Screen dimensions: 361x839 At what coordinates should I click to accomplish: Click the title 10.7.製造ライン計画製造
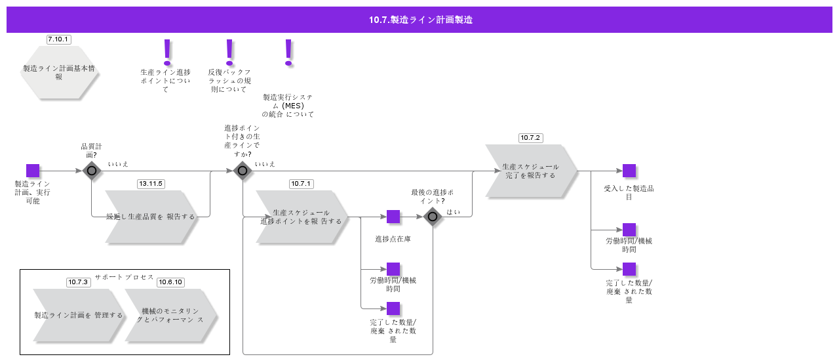click(x=420, y=20)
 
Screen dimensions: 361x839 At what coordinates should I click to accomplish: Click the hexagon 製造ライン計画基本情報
click(x=59, y=72)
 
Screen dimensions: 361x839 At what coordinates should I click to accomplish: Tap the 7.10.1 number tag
click(x=59, y=39)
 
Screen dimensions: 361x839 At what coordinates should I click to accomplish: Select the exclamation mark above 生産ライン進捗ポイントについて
click(x=167, y=52)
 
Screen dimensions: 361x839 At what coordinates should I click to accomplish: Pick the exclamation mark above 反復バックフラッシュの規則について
click(x=229, y=52)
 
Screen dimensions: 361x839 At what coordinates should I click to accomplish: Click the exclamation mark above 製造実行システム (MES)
click(x=288, y=52)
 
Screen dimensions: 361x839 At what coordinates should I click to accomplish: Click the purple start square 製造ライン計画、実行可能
click(x=33, y=171)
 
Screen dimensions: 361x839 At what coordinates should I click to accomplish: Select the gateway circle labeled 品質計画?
click(x=92, y=171)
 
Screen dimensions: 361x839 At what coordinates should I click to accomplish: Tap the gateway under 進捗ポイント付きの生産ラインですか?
click(x=243, y=171)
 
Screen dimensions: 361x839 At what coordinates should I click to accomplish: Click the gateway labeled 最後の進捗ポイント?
click(x=433, y=217)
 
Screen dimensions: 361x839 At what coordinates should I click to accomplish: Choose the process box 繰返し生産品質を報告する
click(x=151, y=217)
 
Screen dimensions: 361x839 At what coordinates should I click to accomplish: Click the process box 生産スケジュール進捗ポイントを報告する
click(x=302, y=217)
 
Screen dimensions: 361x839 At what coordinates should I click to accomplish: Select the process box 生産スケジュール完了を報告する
click(x=531, y=171)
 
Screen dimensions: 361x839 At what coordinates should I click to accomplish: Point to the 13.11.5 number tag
click(x=151, y=184)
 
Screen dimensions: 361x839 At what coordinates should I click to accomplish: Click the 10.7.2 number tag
click(x=530, y=138)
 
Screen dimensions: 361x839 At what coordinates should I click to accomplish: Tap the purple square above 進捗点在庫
click(x=393, y=217)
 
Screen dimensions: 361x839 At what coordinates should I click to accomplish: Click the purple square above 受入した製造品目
click(x=629, y=171)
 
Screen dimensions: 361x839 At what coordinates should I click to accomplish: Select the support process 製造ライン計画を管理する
click(x=79, y=315)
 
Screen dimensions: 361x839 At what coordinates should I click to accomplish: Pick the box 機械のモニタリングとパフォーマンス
click(x=170, y=315)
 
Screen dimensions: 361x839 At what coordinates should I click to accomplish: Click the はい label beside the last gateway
click(x=453, y=212)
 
